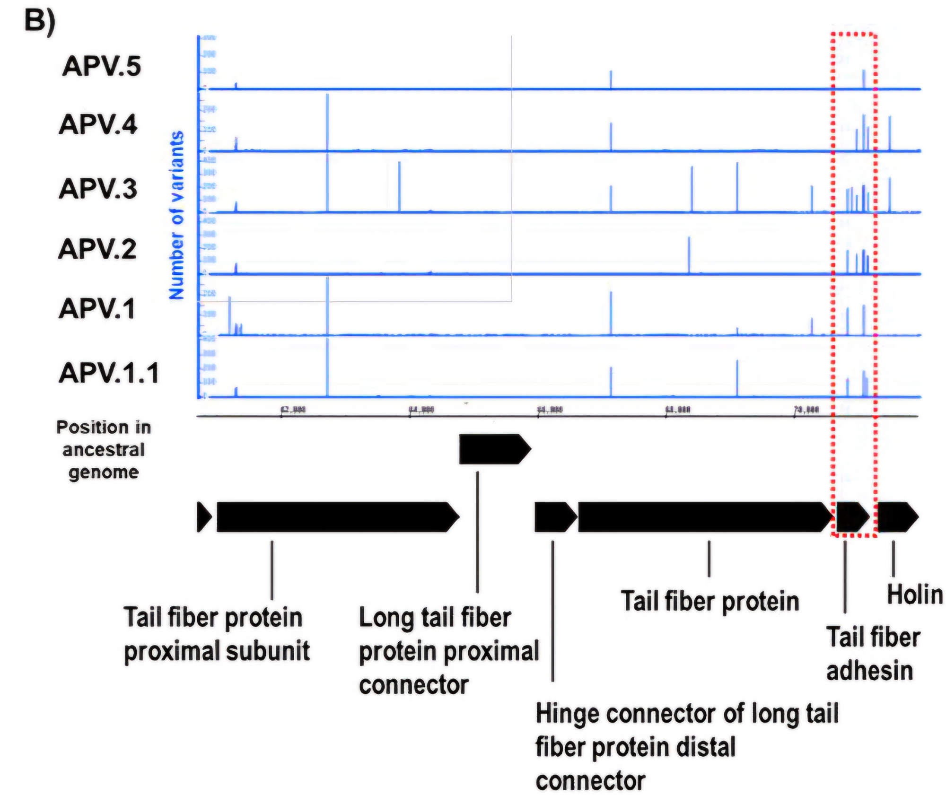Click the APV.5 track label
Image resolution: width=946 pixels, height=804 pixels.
101,66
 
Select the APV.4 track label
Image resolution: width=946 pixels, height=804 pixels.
98,125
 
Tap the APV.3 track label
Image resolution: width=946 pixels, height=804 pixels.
98,188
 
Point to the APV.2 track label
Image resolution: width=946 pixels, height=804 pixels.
97,249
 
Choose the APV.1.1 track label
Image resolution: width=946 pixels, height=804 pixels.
109,373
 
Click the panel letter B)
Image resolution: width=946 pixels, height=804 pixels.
40,21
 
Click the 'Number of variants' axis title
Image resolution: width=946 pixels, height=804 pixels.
176,215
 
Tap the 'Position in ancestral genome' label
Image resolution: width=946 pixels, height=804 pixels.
104,449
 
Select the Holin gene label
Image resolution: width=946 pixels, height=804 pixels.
914,594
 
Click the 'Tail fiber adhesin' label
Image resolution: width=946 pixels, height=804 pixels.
873,654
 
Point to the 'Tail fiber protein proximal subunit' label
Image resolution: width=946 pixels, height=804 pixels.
216,634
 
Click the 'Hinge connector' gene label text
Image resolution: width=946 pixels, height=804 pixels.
686,747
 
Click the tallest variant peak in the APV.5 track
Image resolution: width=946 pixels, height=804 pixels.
863,79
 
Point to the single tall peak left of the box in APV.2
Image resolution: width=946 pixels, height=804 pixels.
689,255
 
